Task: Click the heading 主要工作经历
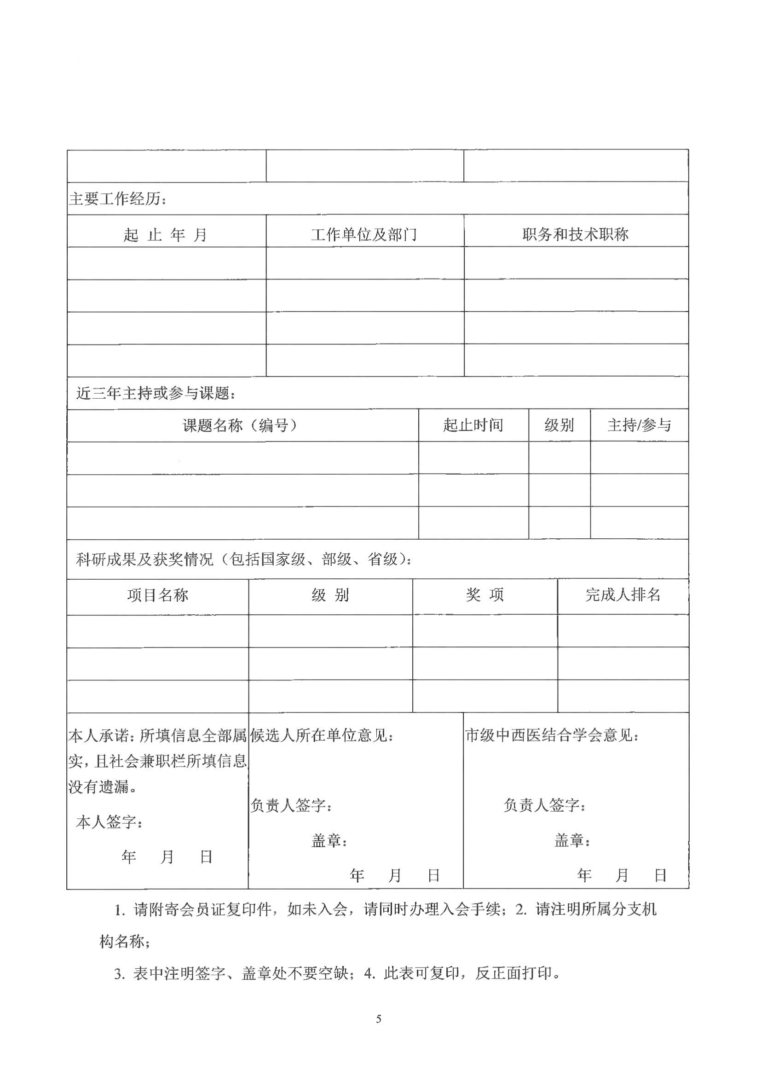click(x=118, y=199)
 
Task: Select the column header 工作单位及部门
click(x=364, y=234)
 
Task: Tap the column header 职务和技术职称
click(x=576, y=234)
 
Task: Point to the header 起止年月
click(x=166, y=234)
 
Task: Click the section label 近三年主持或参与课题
click(x=156, y=393)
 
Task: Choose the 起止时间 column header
click(x=473, y=425)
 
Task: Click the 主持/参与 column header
click(x=639, y=425)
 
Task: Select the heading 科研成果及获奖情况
click(x=244, y=559)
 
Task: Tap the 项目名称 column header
click(x=158, y=595)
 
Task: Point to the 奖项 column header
click(x=485, y=595)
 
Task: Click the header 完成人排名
click(x=623, y=595)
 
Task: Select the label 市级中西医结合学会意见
click(x=552, y=735)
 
